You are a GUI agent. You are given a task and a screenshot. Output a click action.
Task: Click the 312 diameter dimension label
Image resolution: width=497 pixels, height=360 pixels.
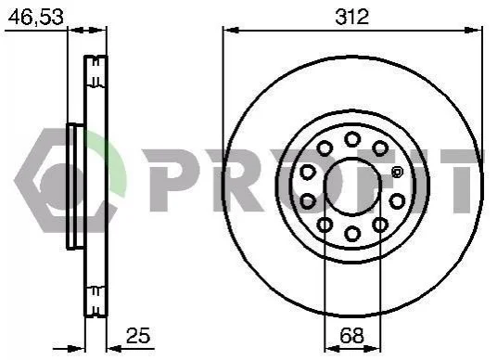[351, 17]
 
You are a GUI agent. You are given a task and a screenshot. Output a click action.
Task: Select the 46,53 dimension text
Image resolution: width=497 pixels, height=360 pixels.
[35, 17]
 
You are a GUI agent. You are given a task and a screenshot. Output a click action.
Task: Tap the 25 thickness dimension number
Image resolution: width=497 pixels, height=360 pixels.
[138, 335]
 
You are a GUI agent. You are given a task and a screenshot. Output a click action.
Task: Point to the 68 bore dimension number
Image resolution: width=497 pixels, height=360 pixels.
[351, 335]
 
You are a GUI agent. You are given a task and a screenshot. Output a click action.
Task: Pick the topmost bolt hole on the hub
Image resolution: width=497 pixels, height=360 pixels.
[352, 139]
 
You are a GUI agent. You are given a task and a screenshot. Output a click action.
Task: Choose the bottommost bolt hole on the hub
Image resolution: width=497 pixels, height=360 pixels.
[352, 234]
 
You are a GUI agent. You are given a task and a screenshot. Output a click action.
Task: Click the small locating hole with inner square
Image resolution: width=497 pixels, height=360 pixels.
[397, 173]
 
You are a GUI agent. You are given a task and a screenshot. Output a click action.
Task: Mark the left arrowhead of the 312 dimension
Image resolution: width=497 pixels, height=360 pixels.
[231, 30]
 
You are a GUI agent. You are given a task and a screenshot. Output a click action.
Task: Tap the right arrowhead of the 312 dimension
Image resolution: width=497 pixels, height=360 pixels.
[474, 30]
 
